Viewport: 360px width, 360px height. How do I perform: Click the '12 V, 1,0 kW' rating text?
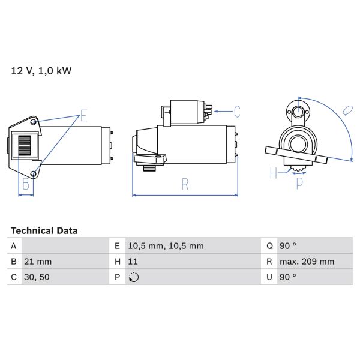point(41,71)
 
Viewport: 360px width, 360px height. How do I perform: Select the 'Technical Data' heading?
point(44,230)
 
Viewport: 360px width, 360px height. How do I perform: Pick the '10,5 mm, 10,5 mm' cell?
point(166,246)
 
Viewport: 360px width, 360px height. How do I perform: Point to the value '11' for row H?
point(133,262)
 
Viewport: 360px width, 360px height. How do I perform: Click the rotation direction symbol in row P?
point(133,277)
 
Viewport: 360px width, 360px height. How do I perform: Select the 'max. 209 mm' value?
point(308,262)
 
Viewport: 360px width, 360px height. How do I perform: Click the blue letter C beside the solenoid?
point(237,111)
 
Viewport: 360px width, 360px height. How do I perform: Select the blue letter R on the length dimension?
point(185,185)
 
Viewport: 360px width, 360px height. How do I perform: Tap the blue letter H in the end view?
point(274,173)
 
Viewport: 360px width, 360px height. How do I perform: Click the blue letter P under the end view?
point(299,184)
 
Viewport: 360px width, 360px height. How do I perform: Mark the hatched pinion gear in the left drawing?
point(25,146)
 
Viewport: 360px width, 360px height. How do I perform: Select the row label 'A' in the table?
point(14,246)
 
